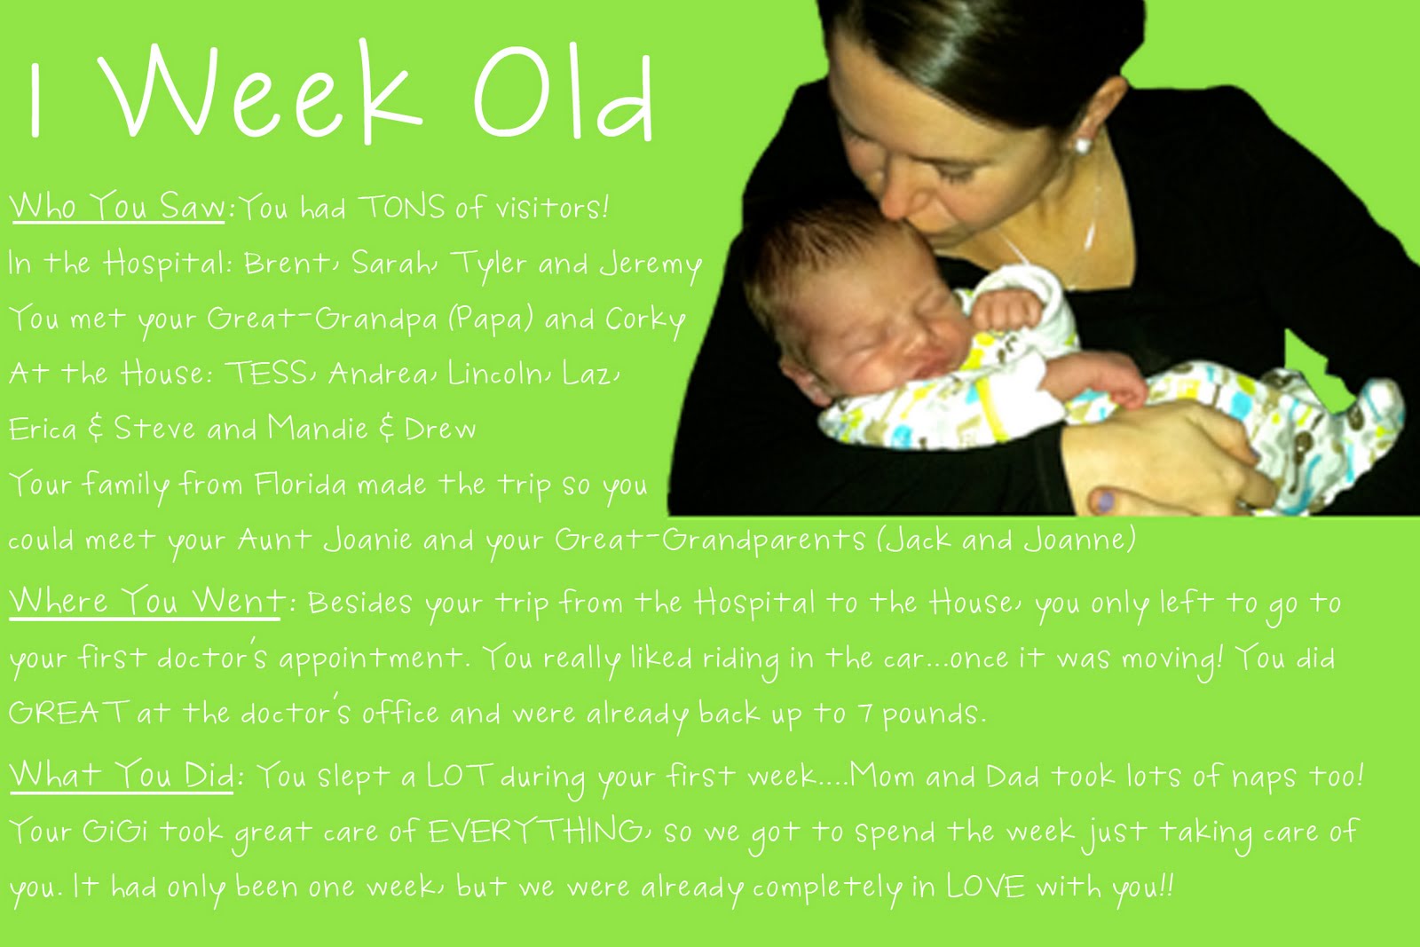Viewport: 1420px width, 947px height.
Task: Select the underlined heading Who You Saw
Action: pyautogui.click(x=117, y=206)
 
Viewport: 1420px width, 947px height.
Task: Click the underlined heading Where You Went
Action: pyautogui.click(x=145, y=600)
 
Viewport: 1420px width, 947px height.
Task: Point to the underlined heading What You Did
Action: pyautogui.click(x=121, y=774)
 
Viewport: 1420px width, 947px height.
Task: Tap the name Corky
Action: pyautogui.click(x=645, y=320)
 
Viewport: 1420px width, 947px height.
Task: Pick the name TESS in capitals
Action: pyautogui.click(x=267, y=373)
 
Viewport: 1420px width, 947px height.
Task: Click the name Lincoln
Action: pyautogui.click(x=494, y=373)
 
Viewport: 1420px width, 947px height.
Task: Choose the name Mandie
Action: pyautogui.click(x=318, y=428)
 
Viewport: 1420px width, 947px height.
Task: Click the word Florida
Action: pyautogui.click(x=301, y=485)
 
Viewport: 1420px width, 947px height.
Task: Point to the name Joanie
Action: pyautogui.click(x=367, y=540)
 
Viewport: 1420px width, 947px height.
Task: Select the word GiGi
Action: pyautogui.click(x=114, y=831)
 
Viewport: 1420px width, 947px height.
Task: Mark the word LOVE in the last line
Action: pyautogui.click(x=986, y=886)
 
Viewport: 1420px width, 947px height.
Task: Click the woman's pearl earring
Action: pyautogui.click(x=1083, y=146)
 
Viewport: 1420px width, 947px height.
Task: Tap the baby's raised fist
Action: pyautogui.click(x=1007, y=310)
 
